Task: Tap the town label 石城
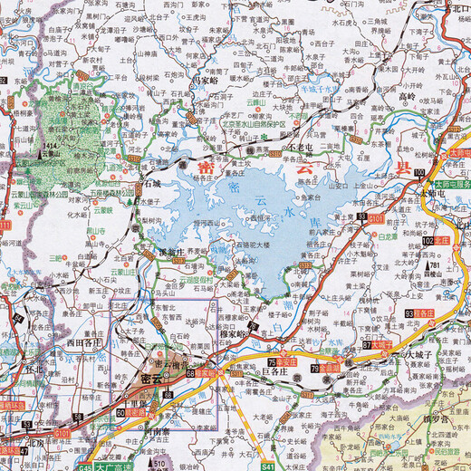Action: (x=149, y=182)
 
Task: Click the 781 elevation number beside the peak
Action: (x=435, y=265)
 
